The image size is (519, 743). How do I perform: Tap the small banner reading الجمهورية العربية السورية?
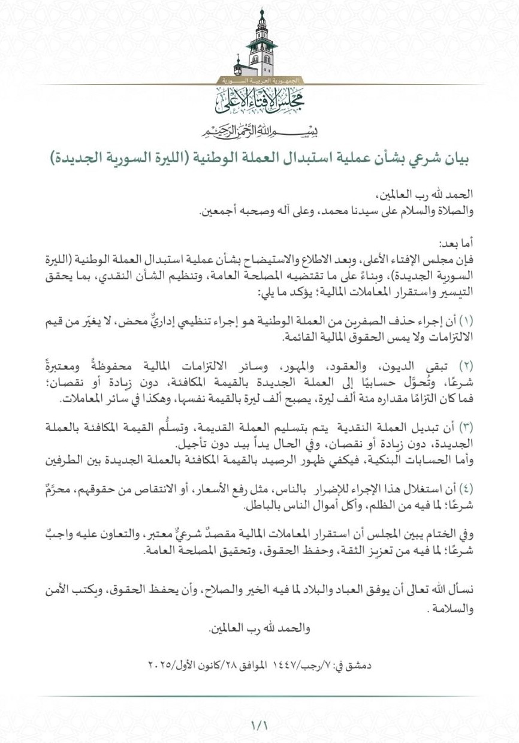(x=259, y=80)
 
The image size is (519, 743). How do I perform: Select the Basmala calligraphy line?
(x=259, y=131)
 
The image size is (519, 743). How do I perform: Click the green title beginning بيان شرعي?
(x=259, y=158)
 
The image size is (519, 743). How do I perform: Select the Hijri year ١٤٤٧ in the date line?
(x=286, y=665)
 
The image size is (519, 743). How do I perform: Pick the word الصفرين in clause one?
(x=377, y=321)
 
